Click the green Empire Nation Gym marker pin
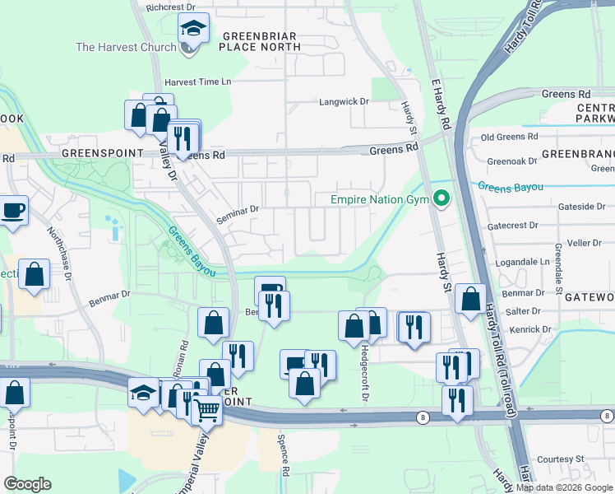coord(442,199)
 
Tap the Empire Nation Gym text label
coord(381,199)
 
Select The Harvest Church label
coord(126,47)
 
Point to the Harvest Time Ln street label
coord(198,82)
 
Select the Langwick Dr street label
coord(344,101)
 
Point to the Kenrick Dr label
coord(530,329)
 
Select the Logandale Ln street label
coord(522,262)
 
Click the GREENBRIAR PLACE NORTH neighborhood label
coord(260,41)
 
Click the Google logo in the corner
coord(27,484)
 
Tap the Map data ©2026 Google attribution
coord(564,487)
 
